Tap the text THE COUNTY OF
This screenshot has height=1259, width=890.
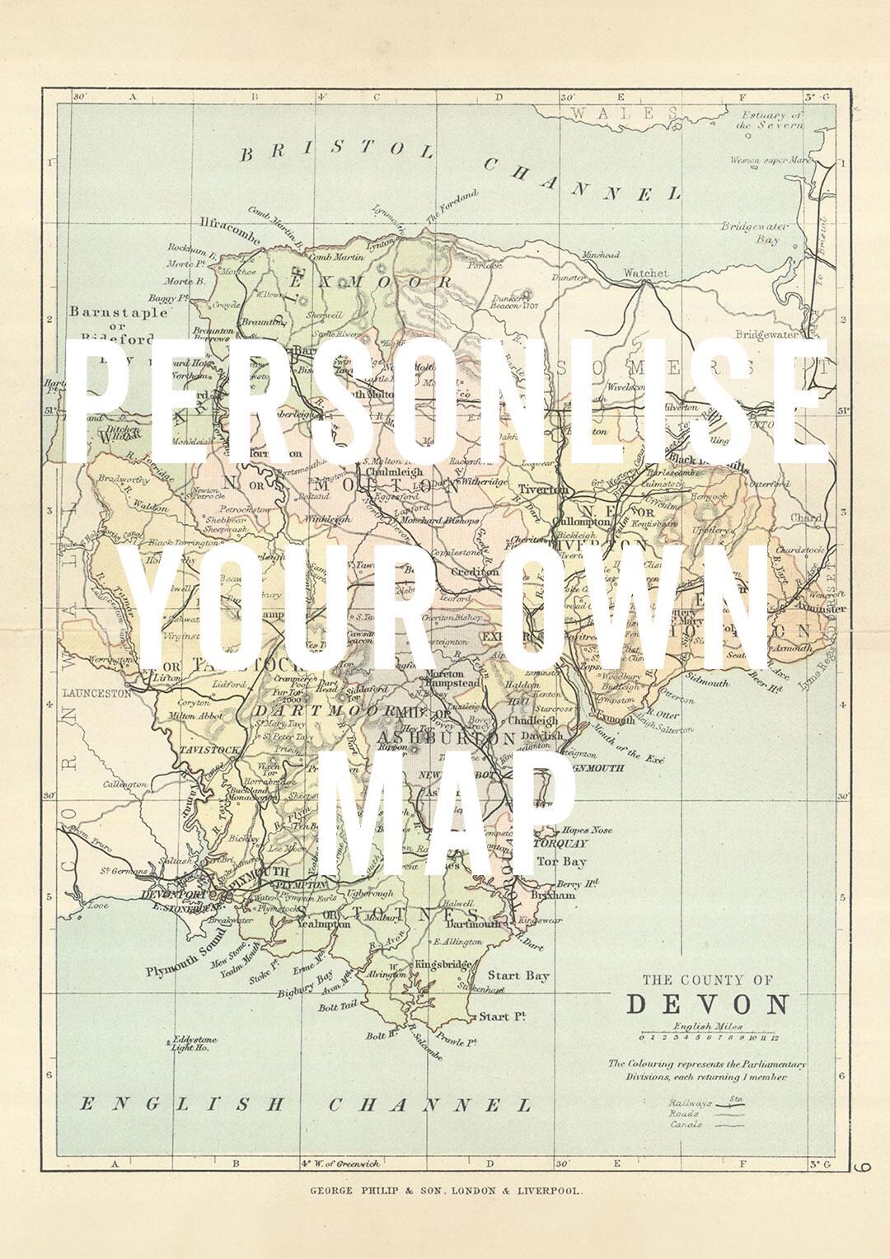(x=707, y=981)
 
